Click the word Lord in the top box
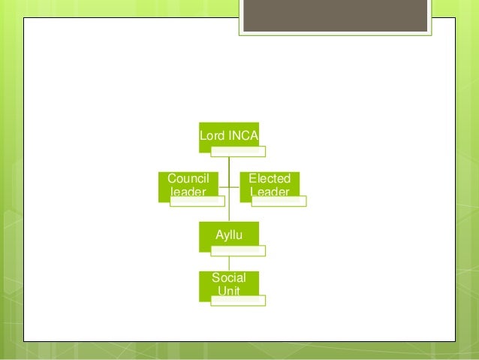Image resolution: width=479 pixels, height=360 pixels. [211, 136]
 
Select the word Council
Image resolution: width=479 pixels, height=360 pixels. [187, 179]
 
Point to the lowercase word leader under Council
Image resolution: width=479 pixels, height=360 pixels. [187, 192]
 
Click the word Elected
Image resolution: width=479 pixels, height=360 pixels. [270, 179]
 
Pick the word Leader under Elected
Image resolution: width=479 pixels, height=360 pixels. [270, 192]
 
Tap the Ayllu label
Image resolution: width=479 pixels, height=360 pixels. [228, 234]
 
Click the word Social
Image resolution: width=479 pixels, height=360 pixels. [228, 277]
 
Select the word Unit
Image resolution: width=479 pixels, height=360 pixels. [228, 290]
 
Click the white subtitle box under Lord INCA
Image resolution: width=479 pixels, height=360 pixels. [237, 152]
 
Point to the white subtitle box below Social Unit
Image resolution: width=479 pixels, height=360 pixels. [237, 300]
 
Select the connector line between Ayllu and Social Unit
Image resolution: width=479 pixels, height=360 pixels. [228, 261]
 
